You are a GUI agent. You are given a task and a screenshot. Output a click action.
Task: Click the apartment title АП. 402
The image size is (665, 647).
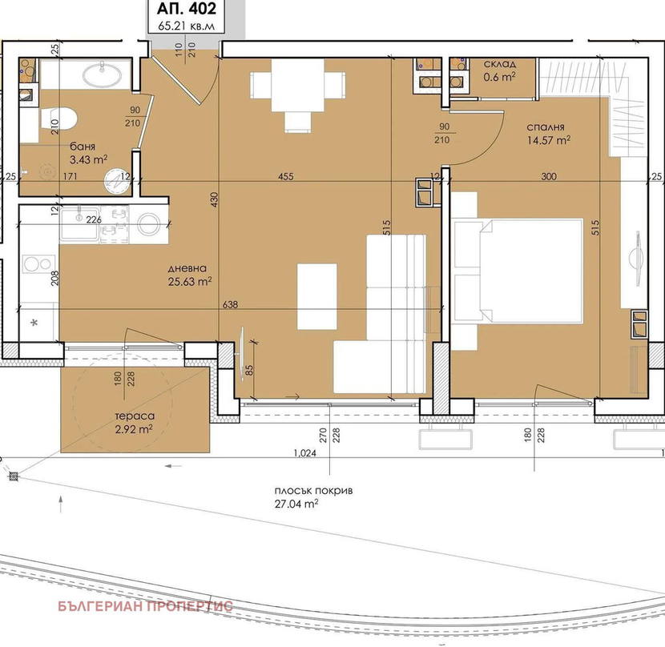tap(187, 9)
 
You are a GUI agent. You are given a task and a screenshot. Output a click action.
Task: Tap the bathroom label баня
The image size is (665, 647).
tap(83, 147)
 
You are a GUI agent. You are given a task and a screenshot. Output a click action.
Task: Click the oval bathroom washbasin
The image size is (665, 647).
tap(103, 75)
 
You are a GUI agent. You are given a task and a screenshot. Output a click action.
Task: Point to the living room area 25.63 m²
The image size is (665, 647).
tap(190, 282)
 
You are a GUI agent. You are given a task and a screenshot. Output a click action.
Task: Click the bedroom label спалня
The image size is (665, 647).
tap(546, 127)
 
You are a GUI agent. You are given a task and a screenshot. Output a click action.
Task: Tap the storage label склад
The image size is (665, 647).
tap(500, 64)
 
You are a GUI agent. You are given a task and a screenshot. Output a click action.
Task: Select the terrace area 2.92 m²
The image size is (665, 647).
tap(134, 429)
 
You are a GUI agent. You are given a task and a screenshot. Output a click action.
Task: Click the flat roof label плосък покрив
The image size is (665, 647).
tap(313, 491)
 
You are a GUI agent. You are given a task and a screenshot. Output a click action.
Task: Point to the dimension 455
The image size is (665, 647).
tap(286, 176)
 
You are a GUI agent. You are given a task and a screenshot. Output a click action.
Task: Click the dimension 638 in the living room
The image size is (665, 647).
tap(230, 304)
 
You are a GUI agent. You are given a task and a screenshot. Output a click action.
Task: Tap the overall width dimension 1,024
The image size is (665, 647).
tap(305, 452)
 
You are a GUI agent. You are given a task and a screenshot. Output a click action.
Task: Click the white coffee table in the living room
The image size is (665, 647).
tap(316, 296)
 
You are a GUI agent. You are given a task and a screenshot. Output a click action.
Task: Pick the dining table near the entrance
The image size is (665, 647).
tap(298, 85)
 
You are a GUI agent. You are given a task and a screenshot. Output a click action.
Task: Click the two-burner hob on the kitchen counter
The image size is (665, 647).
tap(39, 264)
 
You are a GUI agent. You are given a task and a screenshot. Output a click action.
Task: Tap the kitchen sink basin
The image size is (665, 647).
tap(79, 224)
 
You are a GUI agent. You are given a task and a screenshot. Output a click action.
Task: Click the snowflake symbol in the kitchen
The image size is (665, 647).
tap(34, 323)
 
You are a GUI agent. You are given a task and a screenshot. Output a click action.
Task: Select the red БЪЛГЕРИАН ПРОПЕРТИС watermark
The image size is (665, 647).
tap(145, 606)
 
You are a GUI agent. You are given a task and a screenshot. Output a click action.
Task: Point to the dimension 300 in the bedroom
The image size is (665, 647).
tap(549, 176)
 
